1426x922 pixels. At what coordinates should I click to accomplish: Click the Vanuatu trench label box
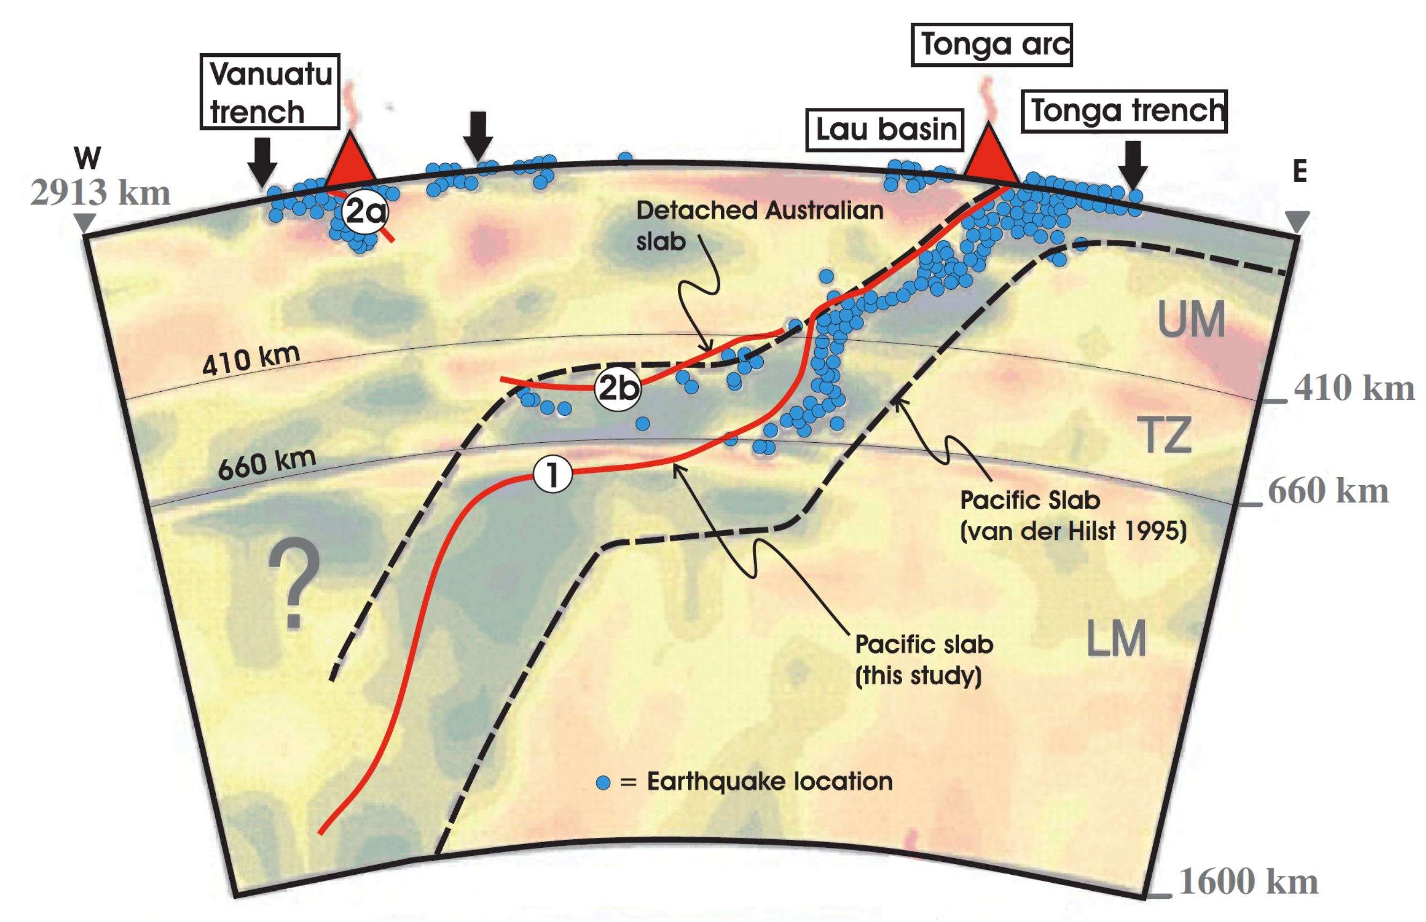tap(270, 92)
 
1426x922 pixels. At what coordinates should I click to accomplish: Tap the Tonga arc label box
tap(991, 45)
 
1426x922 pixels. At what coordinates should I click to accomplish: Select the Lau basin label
tap(885, 130)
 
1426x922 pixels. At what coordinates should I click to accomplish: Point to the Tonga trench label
tap(1124, 111)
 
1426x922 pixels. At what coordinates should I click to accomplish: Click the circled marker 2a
tap(364, 211)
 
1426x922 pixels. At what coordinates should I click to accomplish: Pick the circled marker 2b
tap(617, 389)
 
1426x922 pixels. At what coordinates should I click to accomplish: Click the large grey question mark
tap(294, 582)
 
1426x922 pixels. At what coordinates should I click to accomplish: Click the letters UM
tap(1191, 320)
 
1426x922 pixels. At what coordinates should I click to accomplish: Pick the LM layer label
tap(1116, 639)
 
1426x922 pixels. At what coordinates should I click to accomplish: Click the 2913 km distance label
tap(100, 193)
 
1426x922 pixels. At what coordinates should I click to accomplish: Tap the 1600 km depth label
tap(1248, 882)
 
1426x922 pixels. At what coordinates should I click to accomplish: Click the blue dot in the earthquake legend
tap(603, 782)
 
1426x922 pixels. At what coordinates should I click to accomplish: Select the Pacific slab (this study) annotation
tap(923, 660)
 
